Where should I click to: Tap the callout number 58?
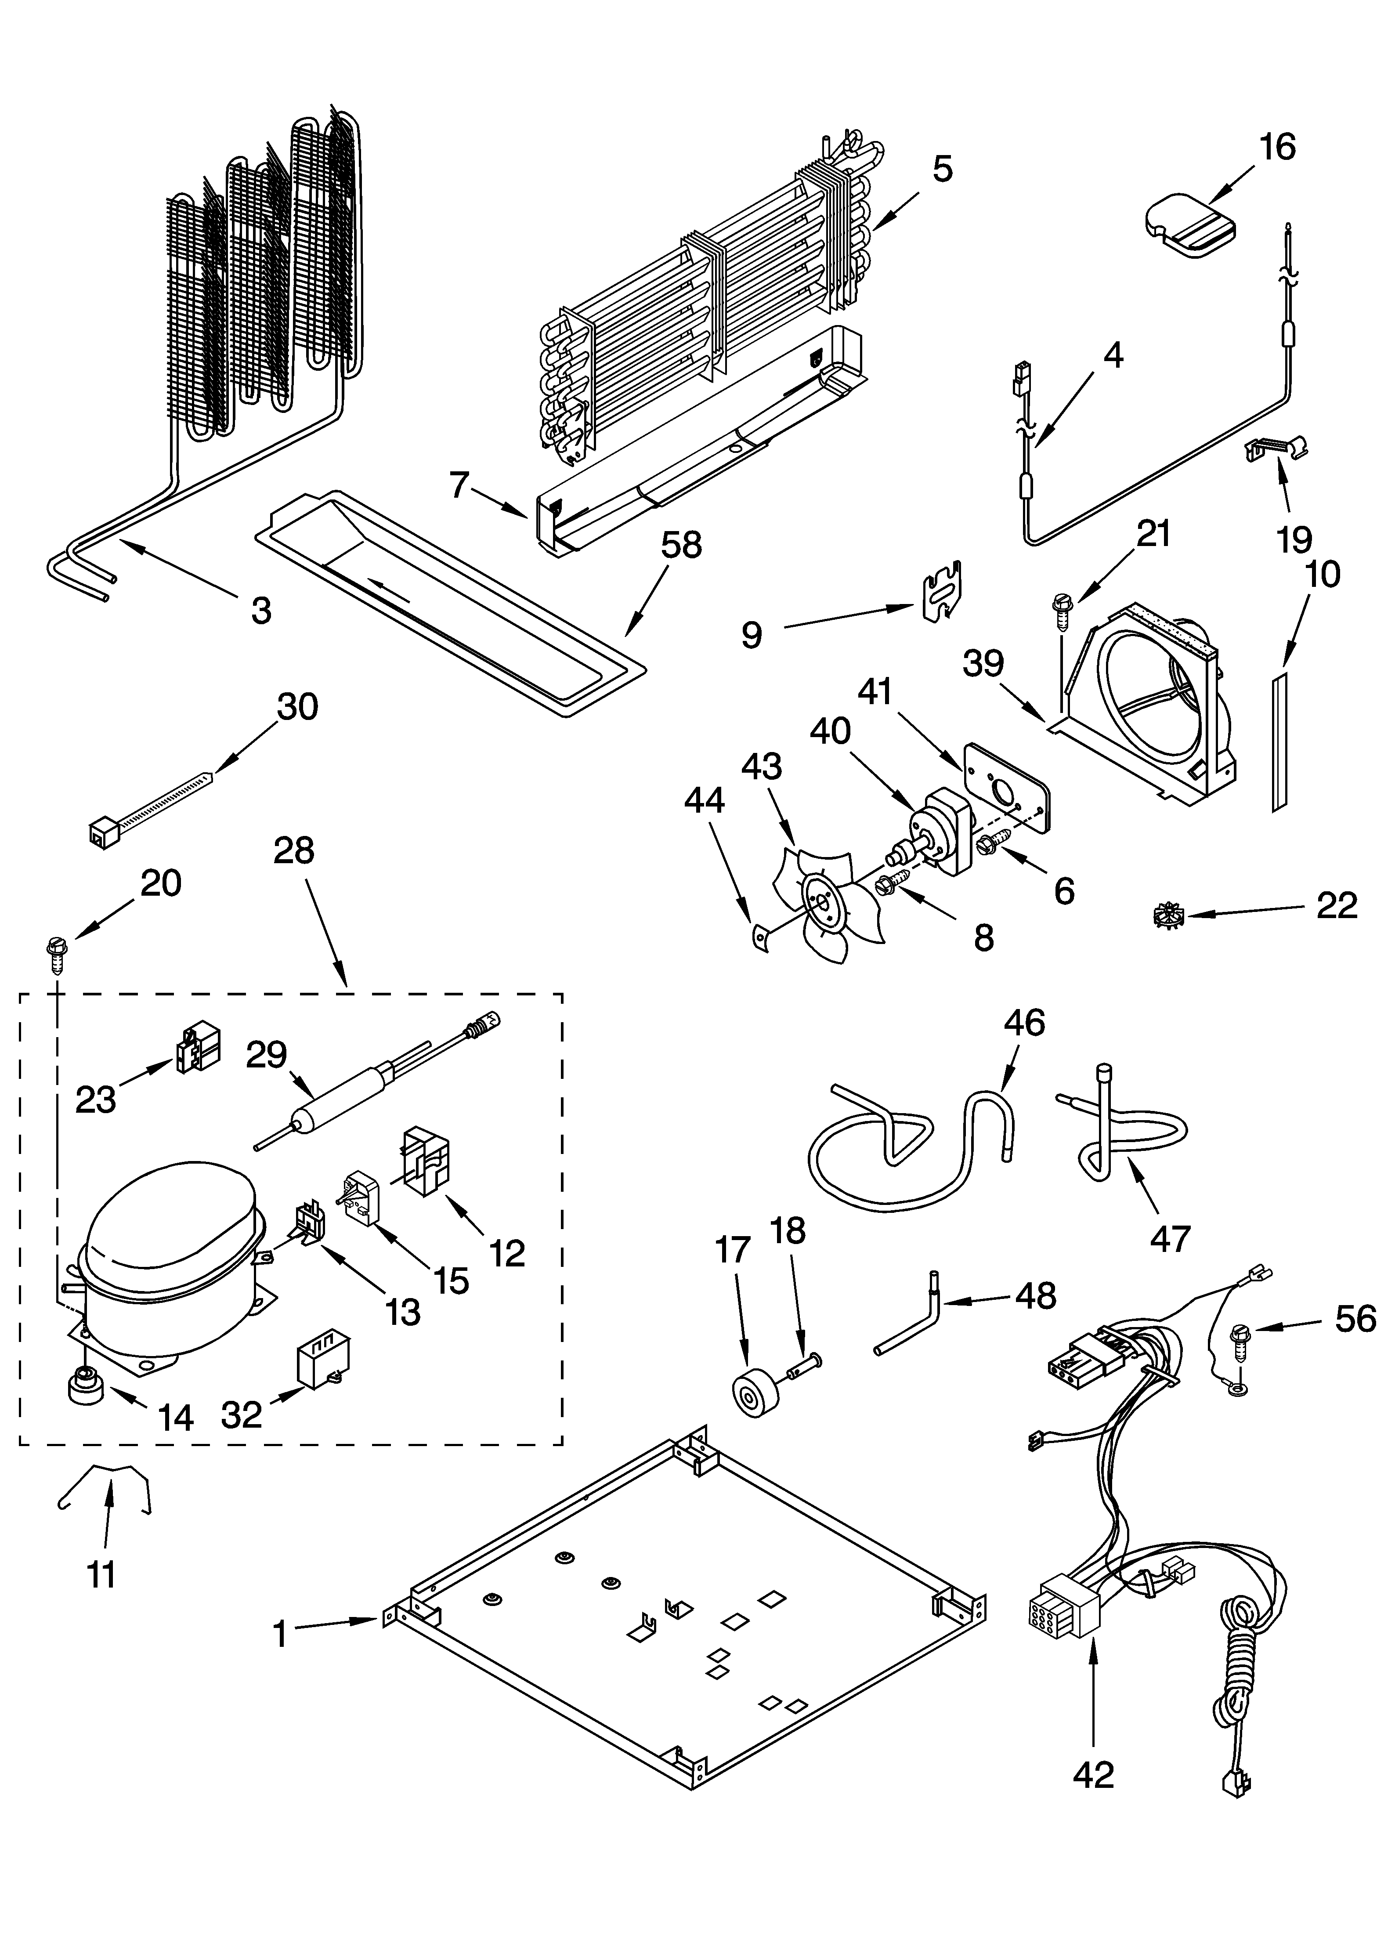coord(681,545)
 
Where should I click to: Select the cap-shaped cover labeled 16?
coord(1189,225)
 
